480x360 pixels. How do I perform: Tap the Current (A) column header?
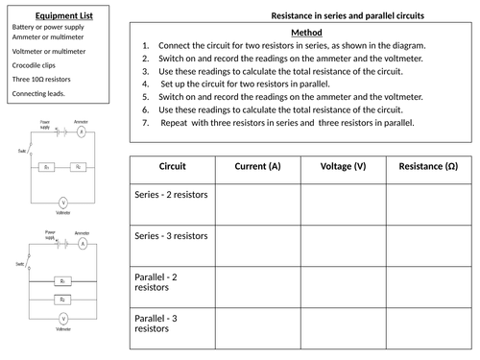(x=257, y=167)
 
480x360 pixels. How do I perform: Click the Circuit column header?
(x=172, y=167)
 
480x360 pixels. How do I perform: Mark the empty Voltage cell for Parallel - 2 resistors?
(x=343, y=285)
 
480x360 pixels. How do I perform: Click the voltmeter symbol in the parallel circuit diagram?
(x=62, y=317)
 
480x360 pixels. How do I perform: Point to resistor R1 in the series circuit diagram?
(x=47, y=167)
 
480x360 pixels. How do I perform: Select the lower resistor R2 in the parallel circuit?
(x=62, y=300)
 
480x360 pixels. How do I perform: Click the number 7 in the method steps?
(x=144, y=124)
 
